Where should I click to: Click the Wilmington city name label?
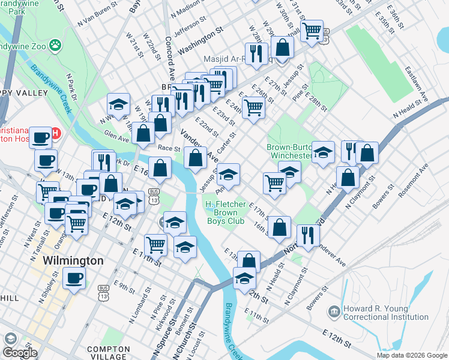coord(73,261)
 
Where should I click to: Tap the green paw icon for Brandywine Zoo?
coord(55,44)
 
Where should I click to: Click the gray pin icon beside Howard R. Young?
coord(334,311)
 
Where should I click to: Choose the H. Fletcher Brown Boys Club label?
coord(226,212)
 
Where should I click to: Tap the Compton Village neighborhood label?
coord(108,353)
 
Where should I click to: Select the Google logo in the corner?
coord(20,352)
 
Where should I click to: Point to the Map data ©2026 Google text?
coord(412,355)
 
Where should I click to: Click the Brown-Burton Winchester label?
coord(291,151)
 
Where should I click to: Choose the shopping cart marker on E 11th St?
coord(155,245)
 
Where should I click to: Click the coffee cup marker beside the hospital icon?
coord(41,138)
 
